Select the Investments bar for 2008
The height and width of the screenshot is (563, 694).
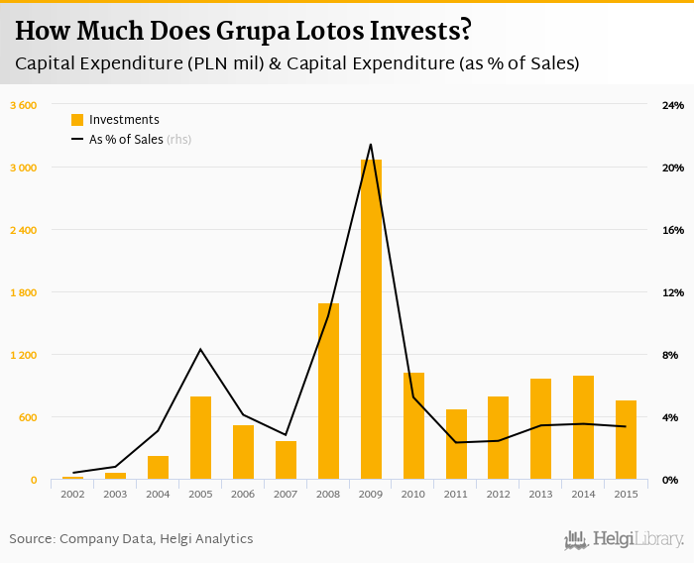coord(328,392)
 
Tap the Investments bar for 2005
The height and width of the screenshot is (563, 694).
coord(200,438)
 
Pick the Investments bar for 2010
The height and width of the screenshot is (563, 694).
coord(413,426)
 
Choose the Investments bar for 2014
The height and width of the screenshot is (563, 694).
coord(583,427)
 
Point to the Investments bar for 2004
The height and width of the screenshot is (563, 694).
coord(158,468)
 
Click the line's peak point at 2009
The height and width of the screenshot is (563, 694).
coord(371,145)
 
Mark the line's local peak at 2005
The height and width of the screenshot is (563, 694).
coord(200,349)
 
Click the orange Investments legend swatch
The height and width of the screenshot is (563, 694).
coord(77,120)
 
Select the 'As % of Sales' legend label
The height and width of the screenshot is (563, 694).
coord(126,140)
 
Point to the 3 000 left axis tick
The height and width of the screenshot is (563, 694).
coord(23,168)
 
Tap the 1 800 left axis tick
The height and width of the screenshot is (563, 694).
coord(23,292)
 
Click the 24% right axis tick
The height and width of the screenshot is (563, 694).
coord(672,105)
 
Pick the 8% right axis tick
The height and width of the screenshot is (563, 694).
coord(670,355)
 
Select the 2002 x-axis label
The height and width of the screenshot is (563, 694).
coord(72,493)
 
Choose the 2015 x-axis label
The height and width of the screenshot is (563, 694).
coord(626,493)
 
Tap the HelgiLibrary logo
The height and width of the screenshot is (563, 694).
coord(624,540)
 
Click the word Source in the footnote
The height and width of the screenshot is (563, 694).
coord(32,539)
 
